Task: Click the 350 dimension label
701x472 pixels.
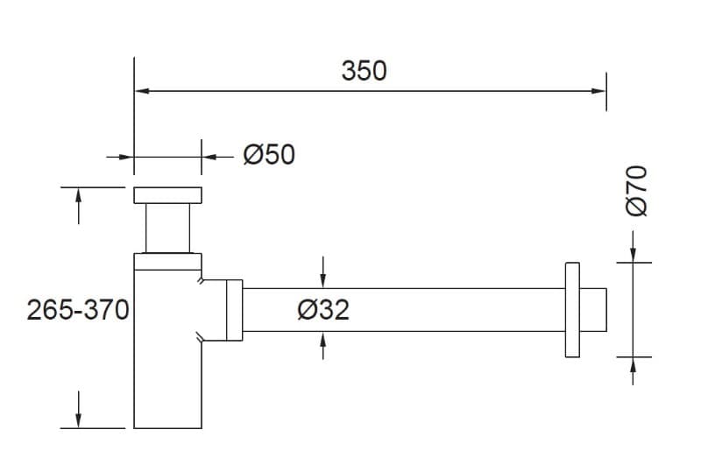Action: [x=364, y=71]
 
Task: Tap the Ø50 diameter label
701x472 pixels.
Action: [x=269, y=155]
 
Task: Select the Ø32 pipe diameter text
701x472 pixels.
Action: [x=323, y=309]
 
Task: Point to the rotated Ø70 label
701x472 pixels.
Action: [x=636, y=191]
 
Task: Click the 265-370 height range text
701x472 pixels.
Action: [x=78, y=309]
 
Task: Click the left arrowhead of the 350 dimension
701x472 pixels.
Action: [x=142, y=91]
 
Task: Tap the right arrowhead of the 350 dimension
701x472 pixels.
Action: [x=598, y=91]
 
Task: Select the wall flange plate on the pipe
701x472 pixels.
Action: [x=572, y=310]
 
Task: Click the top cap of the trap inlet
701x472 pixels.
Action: [x=167, y=195]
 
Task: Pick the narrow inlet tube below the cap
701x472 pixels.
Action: [x=167, y=228]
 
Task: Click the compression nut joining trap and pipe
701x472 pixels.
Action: [x=235, y=310]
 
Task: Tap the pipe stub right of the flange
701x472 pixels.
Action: [x=593, y=310]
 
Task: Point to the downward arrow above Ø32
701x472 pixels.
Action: [x=323, y=272]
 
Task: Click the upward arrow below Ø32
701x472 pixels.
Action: [x=323, y=346]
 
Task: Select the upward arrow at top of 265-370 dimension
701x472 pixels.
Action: [x=79, y=206]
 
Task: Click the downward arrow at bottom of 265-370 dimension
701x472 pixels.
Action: [x=79, y=410]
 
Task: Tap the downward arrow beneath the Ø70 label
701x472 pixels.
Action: [x=633, y=246]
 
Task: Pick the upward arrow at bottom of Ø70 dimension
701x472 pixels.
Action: [x=633, y=371]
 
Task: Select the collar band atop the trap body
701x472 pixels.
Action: [x=167, y=262]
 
